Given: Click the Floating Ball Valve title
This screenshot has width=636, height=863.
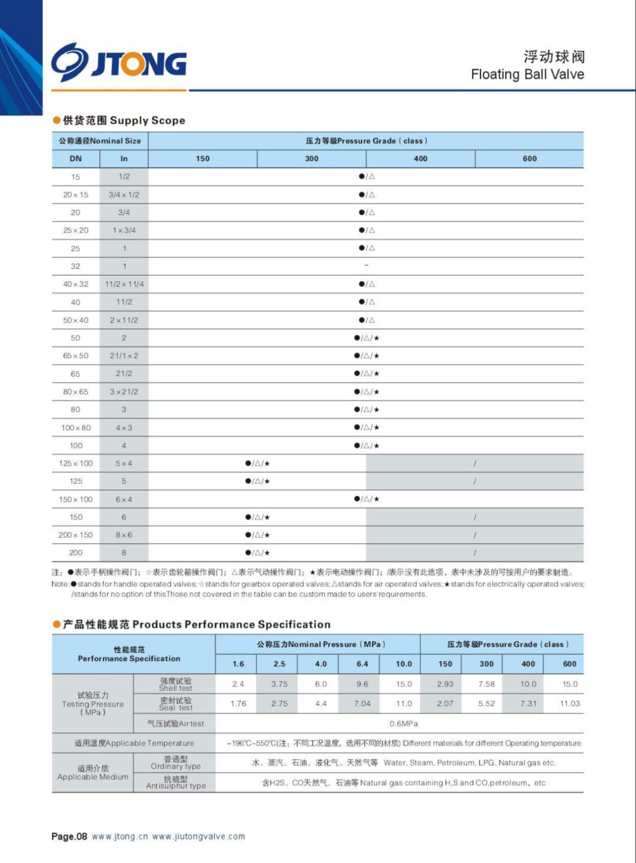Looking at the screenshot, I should click(527, 74).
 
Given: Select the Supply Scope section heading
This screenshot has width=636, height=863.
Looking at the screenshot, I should click(124, 120).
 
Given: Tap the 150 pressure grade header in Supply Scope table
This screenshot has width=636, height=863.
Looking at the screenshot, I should click(203, 159).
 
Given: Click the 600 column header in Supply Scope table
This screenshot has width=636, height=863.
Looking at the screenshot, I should click(529, 159).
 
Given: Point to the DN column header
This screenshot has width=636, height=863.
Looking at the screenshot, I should click(76, 159).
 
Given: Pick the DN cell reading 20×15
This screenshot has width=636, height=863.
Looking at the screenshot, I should click(76, 195).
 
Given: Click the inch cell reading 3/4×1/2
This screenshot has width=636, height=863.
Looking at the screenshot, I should click(124, 195).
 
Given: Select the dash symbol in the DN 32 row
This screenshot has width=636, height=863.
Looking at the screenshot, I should click(366, 265).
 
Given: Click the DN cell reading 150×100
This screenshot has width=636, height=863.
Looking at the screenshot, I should click(76, 499).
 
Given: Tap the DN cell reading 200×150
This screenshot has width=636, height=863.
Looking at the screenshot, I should click(76, 535).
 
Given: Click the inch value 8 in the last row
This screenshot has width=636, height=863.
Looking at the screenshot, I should click(124, 553).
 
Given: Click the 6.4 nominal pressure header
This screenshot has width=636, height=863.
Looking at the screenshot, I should click(362, 664).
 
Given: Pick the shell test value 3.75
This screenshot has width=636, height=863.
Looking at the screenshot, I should click(279, 684).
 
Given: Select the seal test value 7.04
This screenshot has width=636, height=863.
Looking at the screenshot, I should click(362, 703).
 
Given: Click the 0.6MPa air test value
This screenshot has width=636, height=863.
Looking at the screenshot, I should click(404, 723).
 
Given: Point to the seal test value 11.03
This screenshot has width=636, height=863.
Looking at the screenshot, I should click(570, 703).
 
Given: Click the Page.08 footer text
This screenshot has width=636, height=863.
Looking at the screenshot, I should click(69, 837).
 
